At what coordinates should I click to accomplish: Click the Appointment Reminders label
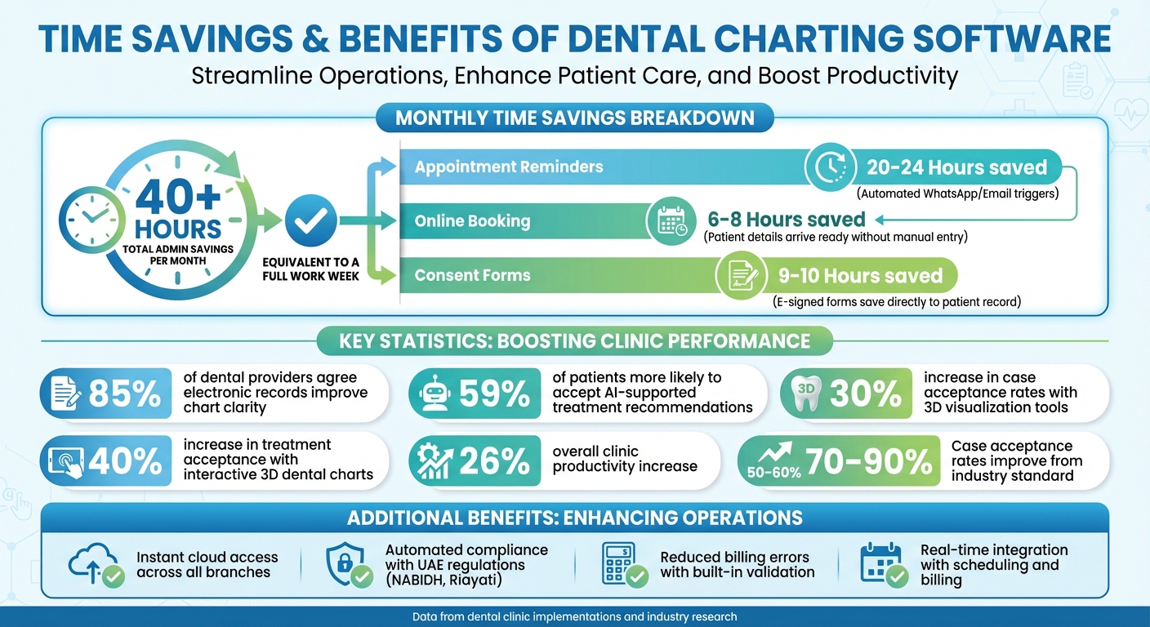tap(508, 167)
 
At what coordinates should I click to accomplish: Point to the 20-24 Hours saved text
tap(956, 168)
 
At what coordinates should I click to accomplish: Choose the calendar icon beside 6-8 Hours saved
tap(672, 220)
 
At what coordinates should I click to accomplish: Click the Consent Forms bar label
tap(472, 275)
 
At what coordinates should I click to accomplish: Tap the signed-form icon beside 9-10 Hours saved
tap(741, 276)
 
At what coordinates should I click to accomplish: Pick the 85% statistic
tap(124, 394)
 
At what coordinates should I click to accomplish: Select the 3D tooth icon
tap(805, 394)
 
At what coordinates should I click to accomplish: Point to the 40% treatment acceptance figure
tap(125, 462)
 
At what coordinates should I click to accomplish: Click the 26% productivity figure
tap(493, 462)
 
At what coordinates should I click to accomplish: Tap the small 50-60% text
tap(773, 472)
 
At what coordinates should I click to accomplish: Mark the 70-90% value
tap(868, 462)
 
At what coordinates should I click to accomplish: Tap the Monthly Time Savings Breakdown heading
tap(574, 118)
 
